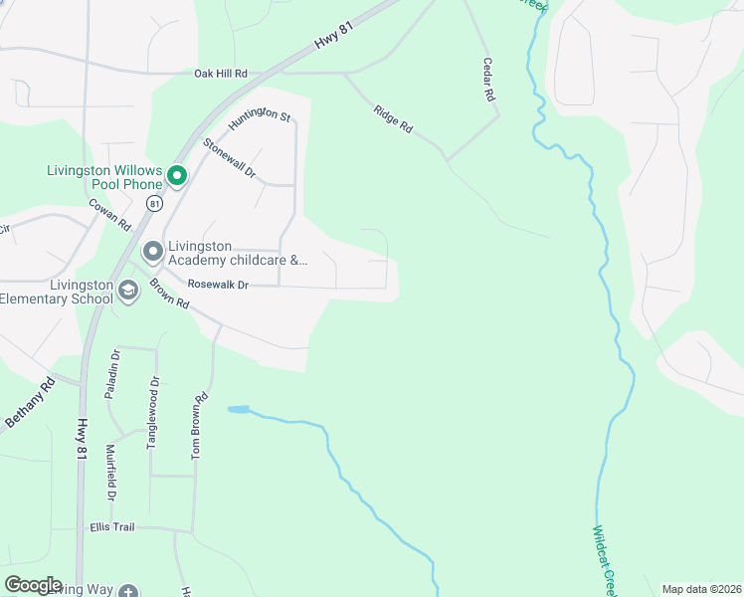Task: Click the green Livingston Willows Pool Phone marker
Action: point(177,177)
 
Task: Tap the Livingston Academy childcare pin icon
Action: point(153,252)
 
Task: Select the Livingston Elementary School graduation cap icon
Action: point(127,291)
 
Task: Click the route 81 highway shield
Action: point(153,203)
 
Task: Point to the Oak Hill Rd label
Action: point(220,75)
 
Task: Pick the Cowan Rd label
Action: point(109,214)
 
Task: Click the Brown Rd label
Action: point(169,298)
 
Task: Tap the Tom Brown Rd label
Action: point(199,426)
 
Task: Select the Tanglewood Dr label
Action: point(153,413)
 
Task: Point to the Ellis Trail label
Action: point(110,527)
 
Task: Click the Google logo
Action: point(33,585)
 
